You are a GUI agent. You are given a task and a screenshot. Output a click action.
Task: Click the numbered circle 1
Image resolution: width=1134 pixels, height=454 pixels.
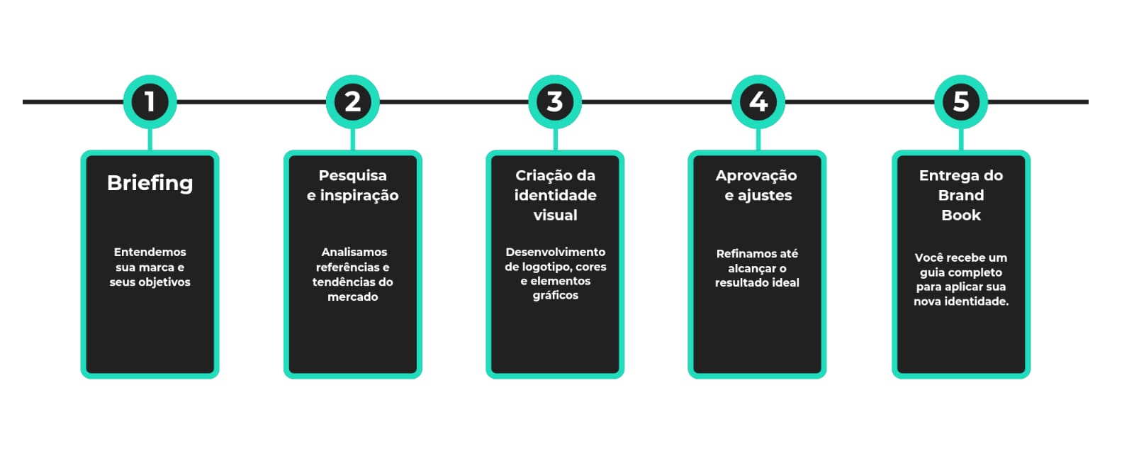[150, 102]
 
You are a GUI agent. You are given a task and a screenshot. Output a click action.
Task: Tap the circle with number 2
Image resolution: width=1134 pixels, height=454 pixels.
[353, 102]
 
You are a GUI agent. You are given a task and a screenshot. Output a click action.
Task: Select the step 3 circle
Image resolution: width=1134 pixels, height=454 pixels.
[556, 102]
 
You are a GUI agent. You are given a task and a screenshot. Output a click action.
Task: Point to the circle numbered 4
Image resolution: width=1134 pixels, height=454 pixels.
[758, 102]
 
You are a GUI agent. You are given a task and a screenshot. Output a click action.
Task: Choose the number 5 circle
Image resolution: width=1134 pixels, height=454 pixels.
[961, 102]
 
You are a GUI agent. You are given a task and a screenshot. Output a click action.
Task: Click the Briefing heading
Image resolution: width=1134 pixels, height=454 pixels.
[150, 184]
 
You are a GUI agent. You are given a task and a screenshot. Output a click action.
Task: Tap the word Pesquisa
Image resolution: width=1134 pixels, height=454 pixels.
[353, 176]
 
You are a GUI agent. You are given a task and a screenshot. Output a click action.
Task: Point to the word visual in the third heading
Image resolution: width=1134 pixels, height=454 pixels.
[556, 216]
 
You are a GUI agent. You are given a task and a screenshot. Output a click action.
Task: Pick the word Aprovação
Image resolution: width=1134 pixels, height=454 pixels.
[756, 176]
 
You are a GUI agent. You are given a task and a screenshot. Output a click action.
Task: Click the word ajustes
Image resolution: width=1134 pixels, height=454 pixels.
[765, 196]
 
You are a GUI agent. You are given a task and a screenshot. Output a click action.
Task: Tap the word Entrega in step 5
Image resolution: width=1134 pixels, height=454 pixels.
[943, 176]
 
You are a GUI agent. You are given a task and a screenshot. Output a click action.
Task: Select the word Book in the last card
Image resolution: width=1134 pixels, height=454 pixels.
[961, 216]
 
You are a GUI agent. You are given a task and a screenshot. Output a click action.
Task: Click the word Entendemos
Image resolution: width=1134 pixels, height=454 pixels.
[150, 253]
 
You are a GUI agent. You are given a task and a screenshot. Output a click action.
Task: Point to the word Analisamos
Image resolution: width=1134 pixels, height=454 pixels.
[354, 253]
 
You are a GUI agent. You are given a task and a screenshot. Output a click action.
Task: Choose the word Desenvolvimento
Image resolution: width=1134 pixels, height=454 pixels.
[556, 253]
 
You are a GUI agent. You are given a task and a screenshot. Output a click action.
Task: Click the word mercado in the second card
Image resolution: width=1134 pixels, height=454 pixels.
[353, 297]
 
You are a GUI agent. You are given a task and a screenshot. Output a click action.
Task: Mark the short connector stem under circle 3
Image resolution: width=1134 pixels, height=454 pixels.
[556, 140]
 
